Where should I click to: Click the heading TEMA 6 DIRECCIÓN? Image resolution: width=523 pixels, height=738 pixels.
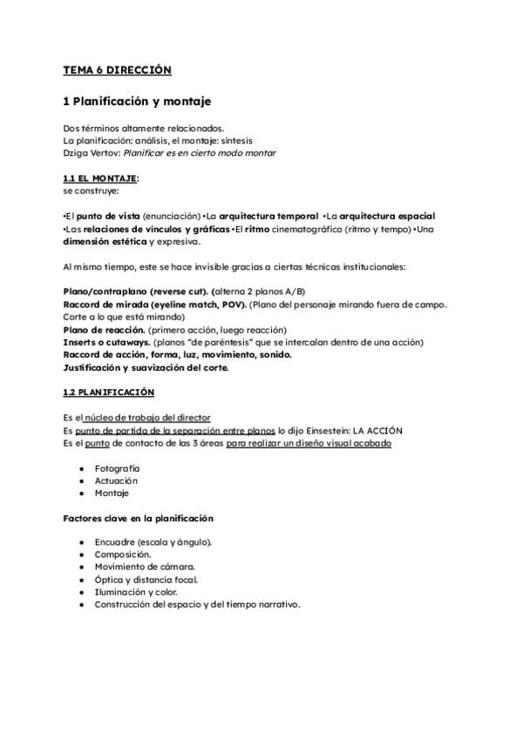tap(117, 70)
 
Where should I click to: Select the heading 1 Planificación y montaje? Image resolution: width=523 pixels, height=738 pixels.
tap(138, 101)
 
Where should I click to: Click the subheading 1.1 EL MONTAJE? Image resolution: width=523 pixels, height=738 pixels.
tap(100, 178)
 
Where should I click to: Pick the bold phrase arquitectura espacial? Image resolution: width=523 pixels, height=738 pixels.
tap(388, 215)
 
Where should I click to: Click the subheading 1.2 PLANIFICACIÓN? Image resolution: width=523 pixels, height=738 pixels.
tap(109, 392)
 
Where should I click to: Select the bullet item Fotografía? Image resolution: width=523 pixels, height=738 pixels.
tap(117, 467)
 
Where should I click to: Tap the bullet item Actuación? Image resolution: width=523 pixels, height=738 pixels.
tap(116, 480)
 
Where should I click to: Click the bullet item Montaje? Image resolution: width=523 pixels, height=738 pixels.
tap(112, 493)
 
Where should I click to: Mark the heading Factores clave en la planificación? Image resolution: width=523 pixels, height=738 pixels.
tap(138, 518)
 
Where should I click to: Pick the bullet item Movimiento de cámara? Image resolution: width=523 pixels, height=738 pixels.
tap(145, 567)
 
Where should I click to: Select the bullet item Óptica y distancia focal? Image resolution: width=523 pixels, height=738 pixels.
tap(146, 580)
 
